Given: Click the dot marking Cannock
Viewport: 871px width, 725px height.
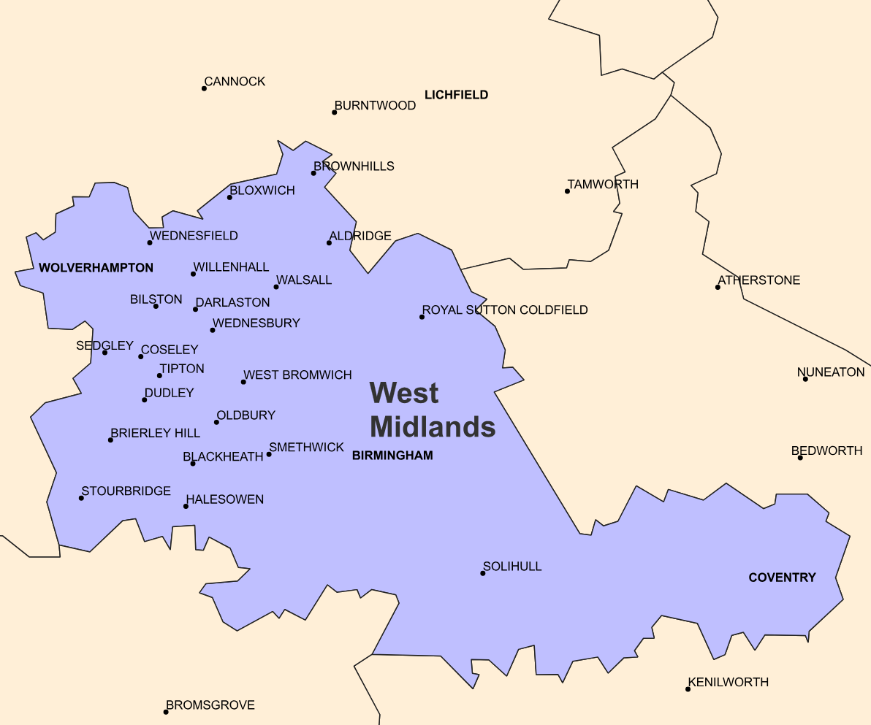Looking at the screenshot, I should [204, 88].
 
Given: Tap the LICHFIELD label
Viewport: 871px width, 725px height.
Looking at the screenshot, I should [456, 95].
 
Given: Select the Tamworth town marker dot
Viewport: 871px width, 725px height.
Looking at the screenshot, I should [567, 191].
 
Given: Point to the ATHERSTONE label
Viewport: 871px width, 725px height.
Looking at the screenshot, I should [759, 280].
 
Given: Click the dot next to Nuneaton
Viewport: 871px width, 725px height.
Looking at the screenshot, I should [805, 379].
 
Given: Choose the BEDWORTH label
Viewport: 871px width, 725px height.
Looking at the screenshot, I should [827, 450].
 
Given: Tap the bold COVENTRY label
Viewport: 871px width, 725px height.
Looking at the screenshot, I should [782, 578].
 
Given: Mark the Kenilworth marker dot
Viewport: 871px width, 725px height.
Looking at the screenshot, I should [688, 689].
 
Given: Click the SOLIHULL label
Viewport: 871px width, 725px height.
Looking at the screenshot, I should [512, 567].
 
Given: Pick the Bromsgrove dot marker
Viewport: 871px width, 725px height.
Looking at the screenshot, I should [166, 712].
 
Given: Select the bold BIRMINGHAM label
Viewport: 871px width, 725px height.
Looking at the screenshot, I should [392, 456].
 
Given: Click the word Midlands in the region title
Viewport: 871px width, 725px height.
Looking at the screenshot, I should [433, 426].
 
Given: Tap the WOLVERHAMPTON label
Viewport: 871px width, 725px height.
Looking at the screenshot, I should [96, 268].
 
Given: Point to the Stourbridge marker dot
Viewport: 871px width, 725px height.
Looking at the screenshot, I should [81, 498].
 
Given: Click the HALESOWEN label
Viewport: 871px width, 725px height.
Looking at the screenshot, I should [225, 499].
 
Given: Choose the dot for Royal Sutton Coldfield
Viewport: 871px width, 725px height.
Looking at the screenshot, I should [422, 317].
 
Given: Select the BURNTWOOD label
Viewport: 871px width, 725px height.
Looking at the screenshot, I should [375, 105].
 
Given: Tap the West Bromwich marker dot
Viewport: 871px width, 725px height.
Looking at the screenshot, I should [243, 382].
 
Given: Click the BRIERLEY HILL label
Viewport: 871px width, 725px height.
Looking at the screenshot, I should [155, 433].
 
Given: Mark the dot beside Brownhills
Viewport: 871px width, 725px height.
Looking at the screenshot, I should [313, 173].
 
